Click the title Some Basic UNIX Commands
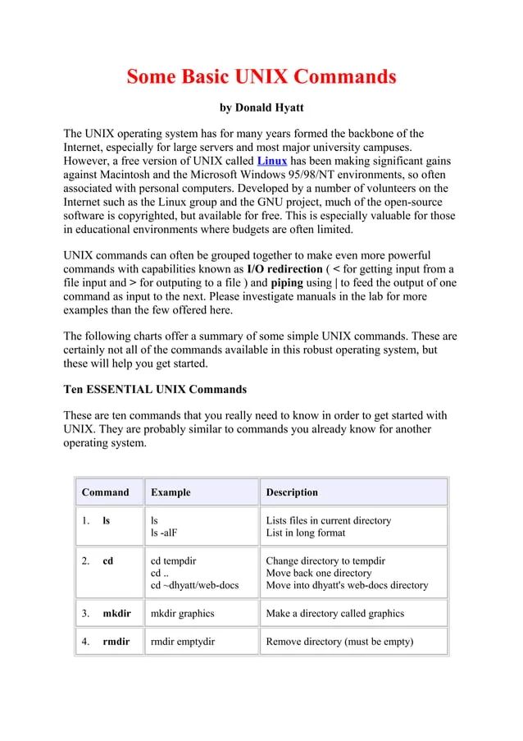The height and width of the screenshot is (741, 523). [261, 78]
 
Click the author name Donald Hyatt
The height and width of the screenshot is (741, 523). [260, 107]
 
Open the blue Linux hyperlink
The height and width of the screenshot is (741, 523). [272, 160]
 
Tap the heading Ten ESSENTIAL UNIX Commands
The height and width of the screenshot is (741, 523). [155, 389]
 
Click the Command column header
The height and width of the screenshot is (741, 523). [106, 492]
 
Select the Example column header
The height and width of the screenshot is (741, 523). [171, 492]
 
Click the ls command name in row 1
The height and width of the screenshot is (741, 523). [107, 520]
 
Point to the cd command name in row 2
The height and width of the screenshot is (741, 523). [107, 560]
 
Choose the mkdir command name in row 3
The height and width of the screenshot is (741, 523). [116, 613]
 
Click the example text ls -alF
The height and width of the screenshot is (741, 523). [164, 533]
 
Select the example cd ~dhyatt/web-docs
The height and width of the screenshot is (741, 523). [195, 585]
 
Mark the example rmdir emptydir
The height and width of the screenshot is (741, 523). [183, 642]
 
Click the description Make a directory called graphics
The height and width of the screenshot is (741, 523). [334, 613]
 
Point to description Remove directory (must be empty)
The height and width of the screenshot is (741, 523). [339, 642]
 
